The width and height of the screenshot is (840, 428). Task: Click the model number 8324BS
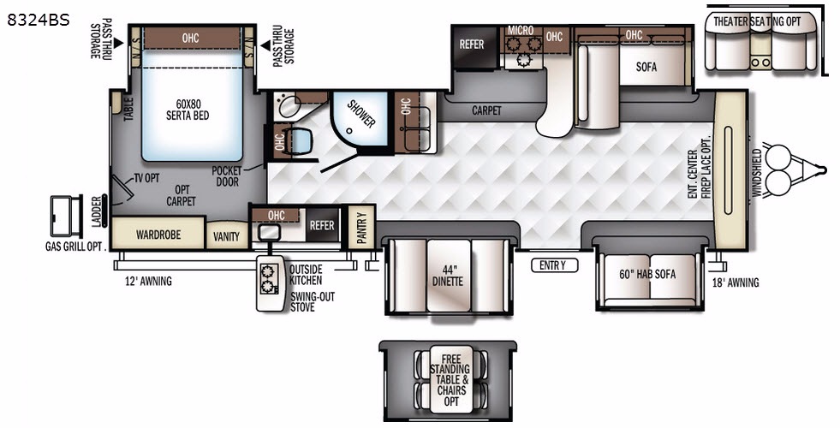(x=39, y=20)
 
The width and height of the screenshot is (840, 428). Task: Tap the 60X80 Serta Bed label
(x=187, y=110)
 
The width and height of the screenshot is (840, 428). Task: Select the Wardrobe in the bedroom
(x=158, y=233)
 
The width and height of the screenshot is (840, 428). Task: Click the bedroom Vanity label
(x=227, y=236)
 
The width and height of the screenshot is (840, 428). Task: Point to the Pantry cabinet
(x=361, y=227)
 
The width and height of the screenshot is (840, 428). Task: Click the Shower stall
(x=360, y=119)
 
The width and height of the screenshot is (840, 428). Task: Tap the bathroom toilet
(x=298, y=142)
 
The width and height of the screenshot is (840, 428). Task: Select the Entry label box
(x=555, y=265)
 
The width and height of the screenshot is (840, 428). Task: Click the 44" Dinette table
(x=449, y=276)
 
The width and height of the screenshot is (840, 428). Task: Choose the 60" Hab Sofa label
(x=647, y=274)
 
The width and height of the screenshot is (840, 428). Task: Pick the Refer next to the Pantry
(x=322, y=225)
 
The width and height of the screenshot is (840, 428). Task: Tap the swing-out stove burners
(x=268, y=279)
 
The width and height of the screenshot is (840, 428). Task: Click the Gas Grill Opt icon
(x=67, y=216)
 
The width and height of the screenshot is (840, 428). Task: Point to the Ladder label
(x=96, y=211)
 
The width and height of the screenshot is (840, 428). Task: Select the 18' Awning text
(x=736, y=282)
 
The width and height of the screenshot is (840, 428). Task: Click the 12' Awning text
(x=148, y=281)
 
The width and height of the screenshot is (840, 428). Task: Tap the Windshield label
(x=756, y=173)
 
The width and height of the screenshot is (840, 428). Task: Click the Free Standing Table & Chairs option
(x=450, y=379)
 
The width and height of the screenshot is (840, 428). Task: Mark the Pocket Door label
(x=227, y=176)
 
